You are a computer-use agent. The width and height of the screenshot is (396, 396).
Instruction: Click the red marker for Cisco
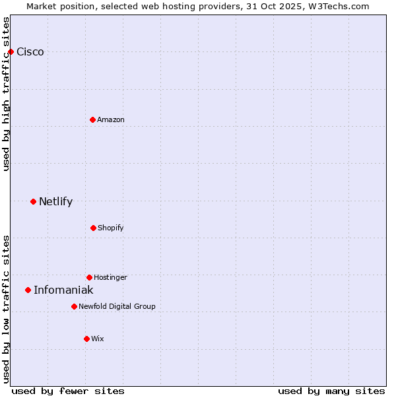pos(11,51)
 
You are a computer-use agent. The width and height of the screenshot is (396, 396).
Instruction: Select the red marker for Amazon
pos(92,119)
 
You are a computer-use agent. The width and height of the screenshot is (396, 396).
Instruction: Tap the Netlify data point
pos(33,201)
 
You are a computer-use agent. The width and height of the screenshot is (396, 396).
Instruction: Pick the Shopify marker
pos(93,228)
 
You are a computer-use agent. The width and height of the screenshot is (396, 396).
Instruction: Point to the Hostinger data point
pos(89,277)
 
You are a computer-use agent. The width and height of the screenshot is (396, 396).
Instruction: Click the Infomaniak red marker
pos(28,290)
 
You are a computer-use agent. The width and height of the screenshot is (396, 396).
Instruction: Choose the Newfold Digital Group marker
pos(74,306)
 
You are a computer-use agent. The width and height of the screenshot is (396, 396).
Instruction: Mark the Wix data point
pos(86,339)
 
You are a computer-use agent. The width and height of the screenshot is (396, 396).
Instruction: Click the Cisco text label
pos(30,52)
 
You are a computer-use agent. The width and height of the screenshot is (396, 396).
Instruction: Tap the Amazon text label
pos(111,120)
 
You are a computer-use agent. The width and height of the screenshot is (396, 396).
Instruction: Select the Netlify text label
pos(55,202)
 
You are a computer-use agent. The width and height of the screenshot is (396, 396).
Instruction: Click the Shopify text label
pos(111,228)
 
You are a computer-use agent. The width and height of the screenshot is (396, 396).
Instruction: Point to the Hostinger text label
pos(110,278)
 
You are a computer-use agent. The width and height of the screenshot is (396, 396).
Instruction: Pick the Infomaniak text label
pos(63,290)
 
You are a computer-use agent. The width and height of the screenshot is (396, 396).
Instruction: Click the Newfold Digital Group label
pos(117,307)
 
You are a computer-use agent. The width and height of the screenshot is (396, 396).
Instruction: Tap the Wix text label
pos(98,339)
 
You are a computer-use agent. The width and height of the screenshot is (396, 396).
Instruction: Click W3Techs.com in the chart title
pos(337,6)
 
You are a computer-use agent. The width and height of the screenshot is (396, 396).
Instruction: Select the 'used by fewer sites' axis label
pos(68,391)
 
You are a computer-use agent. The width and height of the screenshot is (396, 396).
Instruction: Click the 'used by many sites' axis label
pos(331,391)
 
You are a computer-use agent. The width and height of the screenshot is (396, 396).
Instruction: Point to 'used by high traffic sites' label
pos(6,94)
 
